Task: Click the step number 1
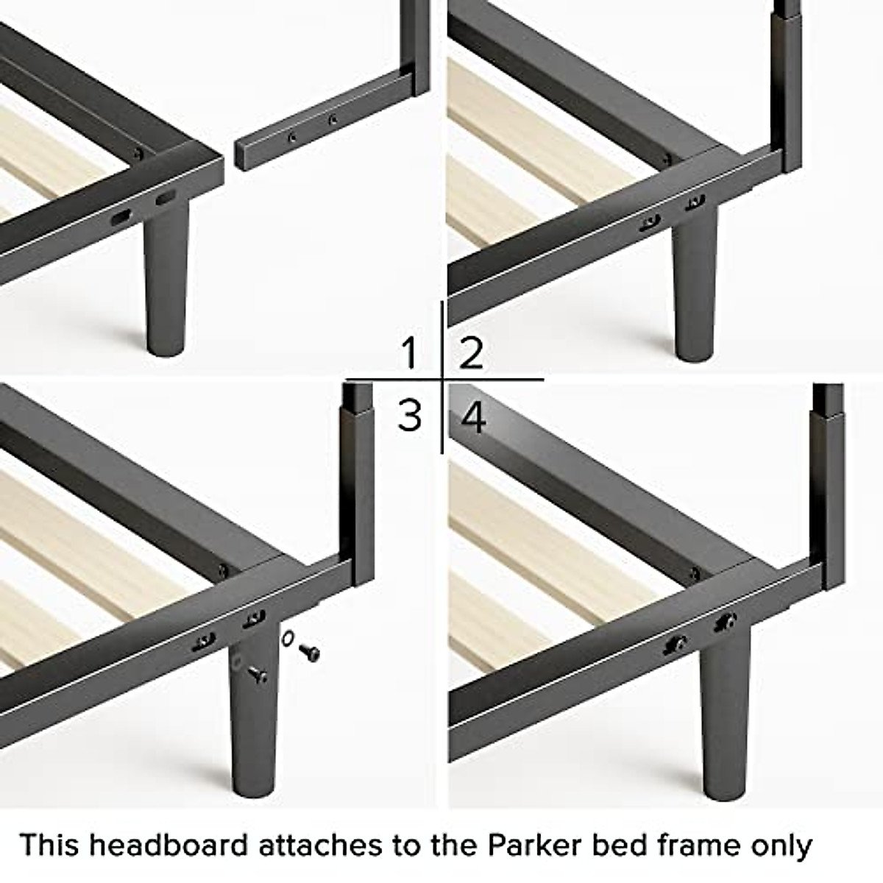tap(409, 353)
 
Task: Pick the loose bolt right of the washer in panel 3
tap(310, 652)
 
